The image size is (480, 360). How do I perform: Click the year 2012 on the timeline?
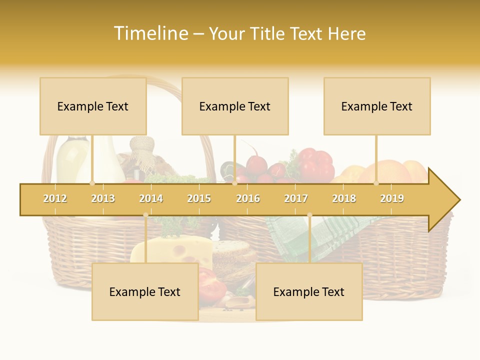point(55,199)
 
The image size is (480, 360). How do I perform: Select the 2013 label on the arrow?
point(103,199)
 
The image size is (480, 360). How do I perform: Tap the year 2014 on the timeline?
point(151,199)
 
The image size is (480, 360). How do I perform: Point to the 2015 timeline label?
point(199,199)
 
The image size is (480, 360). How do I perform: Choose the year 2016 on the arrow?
point(248,199)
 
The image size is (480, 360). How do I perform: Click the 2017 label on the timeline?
point(296,199)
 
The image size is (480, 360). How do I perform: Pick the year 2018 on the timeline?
point(344,199)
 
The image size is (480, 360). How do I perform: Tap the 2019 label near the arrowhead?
point(392,199)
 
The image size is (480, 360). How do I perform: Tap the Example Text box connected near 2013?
point(93,106)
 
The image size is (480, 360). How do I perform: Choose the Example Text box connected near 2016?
point(235,106)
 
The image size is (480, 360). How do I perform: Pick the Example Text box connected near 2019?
point(377,106)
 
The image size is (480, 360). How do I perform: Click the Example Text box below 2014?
point(145,291)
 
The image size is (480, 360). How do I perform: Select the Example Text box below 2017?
point(309,291)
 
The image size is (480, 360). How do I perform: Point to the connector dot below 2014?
point(145,215)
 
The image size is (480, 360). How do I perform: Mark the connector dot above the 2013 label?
point(92,183)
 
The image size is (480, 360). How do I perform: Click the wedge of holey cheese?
point(172,250)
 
